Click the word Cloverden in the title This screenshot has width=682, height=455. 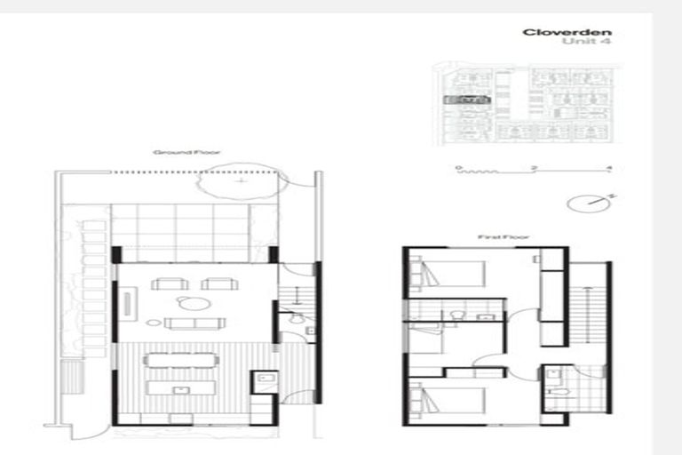click(566, 33)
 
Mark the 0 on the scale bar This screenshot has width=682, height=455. click(458, 167)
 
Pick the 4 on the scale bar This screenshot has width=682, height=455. click(608, 167)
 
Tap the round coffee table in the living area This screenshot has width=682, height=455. click(194, 303)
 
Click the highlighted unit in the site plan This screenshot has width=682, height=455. click(465, 100)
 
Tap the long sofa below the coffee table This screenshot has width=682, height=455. click(194, 323)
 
